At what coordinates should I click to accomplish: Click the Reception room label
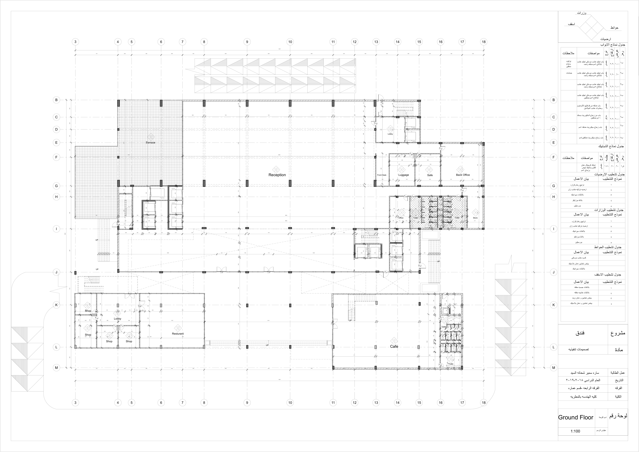pyautogui.click(x=277, y=175)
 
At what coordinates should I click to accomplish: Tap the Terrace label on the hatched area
pyautogui.click(x=151, y=142)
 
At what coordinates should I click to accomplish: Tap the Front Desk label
pyautogui.click(x=382, y=175)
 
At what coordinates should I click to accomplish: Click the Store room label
pyautogui.click(x=475, y=218)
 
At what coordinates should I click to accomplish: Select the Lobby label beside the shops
pyautogui.click(x=117, y=319)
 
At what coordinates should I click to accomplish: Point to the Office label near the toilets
pyautogui.click(x=401, y=218)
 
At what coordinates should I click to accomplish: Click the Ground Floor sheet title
pyautogui.click(x=576, y=425)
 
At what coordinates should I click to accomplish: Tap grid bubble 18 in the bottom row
pyautogui.click(x=484, y=402)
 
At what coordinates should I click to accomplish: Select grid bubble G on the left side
pyautogui.click(x=57, y=186)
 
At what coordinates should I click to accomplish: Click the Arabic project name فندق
pyautogui.click(x=580, y=333)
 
